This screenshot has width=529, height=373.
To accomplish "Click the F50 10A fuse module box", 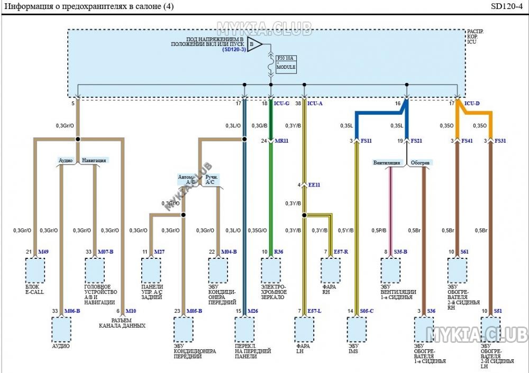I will click(x=286, y=63).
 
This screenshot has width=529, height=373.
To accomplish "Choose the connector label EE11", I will click(x=314, y=185).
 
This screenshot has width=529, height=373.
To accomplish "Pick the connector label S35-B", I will click(x=400, y=251).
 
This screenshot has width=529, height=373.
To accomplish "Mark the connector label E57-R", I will click(x=341, y=251).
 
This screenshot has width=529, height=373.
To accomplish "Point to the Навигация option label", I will click(x=94, y=160).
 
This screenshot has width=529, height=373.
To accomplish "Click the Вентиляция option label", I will click(x=387, y=163).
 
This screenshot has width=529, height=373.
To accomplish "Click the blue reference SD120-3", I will click(x=234, y=50).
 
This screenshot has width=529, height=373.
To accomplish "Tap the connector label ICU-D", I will click(x=472, y=104).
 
